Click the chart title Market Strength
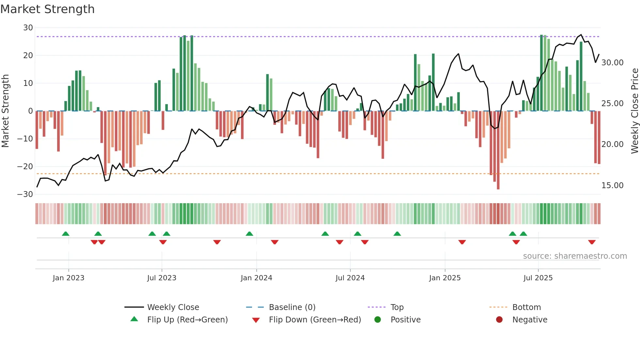pos(47,9)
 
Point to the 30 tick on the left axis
pos(28,28)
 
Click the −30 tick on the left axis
pos(25,194)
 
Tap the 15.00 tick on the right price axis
pos(612,186)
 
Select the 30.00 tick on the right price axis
pos(612,63)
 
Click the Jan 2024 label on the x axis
pos(256,278)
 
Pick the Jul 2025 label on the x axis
pos(538,278)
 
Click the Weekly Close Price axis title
pos(634,111)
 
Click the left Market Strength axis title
pos(5,111)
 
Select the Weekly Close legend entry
pos(173,307)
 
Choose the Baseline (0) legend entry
pos(292,307)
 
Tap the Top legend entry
pos(397,307)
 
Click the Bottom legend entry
pos(526,307)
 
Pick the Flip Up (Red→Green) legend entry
pos(187,320)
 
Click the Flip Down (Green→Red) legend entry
pos(314,320)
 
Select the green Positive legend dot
pos(378,320)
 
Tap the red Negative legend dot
pos(499,320)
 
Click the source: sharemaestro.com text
pos(575,256)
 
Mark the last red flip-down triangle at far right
pos(592,242)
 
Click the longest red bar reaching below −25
pos(498,150)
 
